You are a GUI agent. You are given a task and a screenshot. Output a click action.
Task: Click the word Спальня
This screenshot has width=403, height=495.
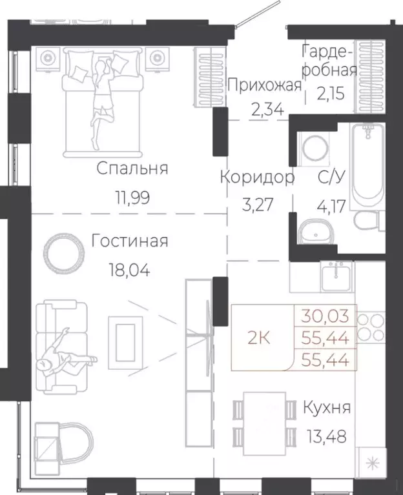[x=132, y=168]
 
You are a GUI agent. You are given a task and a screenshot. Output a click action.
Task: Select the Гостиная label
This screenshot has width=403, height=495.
[x=130, y=241]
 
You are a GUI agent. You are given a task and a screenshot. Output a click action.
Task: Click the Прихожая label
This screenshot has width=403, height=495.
[x=265, y=85]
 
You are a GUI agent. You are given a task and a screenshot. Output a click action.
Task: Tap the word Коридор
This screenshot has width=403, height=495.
[x=257, y=177]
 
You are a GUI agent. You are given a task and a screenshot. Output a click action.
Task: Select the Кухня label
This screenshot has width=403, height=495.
[x=327, y=408]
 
